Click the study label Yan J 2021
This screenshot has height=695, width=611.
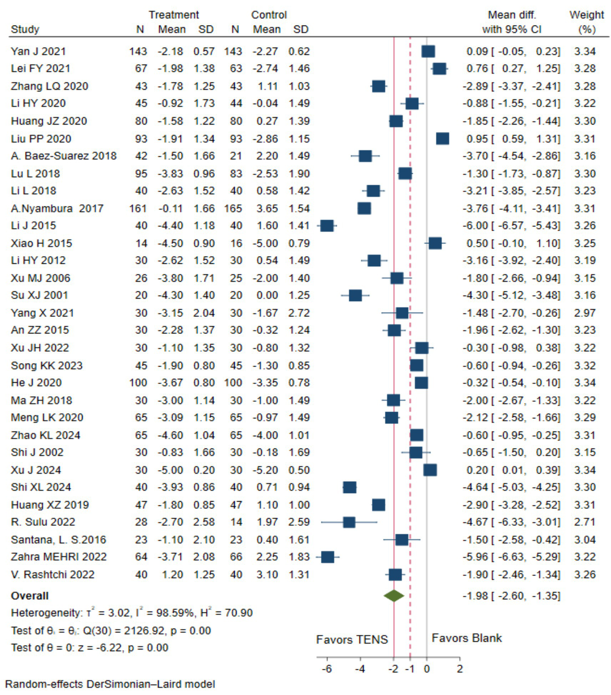[x=38, y=51]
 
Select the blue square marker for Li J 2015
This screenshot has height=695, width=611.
[x=327, y=226]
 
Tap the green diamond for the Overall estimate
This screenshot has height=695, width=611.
[x=394, y=596]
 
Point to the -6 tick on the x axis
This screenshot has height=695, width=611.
[x=327, y=669]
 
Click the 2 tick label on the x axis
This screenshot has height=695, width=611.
[x=460, y=669]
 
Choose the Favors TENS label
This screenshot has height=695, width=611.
[x=352, y=639]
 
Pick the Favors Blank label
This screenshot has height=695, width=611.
[x=467, y=638]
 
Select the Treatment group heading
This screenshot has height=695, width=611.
[x=174, y=15]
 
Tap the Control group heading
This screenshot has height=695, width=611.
[x=269, y=15]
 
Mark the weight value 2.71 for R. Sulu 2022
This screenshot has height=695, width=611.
[x=585, y=522]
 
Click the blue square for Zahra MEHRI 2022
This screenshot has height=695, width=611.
[x=328, y=557]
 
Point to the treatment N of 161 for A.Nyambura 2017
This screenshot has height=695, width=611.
[x=138, y=208]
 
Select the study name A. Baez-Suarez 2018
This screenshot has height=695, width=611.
[x=64, y=156]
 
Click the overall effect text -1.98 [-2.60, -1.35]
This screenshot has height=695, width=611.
[x=511, y=596]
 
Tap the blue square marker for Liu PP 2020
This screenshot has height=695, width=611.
[x=443, y=139]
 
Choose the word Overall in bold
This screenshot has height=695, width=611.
[x=30, y=596]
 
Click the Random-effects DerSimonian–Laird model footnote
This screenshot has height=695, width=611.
[x=110, y=684]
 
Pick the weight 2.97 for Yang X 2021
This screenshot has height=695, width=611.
[x=585, y=313]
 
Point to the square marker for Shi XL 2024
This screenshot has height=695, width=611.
[x=349, y=487]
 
